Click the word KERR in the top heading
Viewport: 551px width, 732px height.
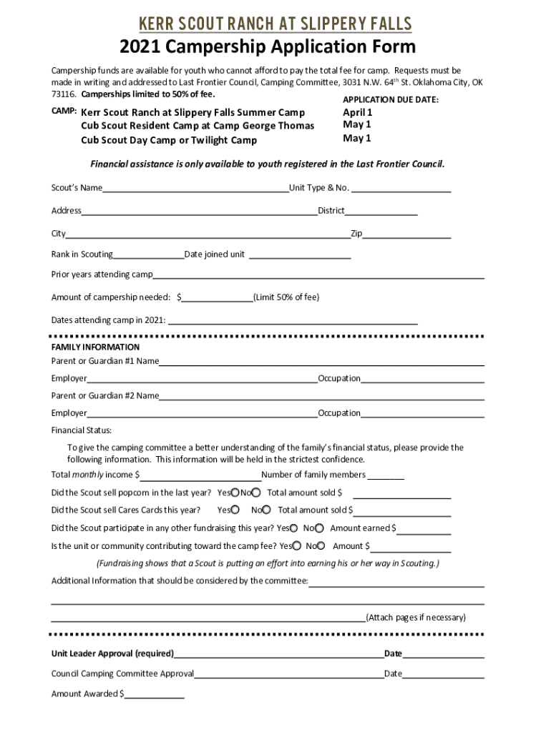tap(158, 24)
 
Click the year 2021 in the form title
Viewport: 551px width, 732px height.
tap(141, 48)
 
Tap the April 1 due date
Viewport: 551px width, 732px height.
tap(357, 112)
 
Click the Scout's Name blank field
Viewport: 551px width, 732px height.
tap(195, 189)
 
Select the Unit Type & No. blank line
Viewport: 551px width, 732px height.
tap(401, 189)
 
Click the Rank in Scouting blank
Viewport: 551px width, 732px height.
tap(148, 256)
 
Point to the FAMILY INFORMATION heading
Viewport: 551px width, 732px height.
tap(95, 347)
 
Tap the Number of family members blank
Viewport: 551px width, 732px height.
tap(386, 477)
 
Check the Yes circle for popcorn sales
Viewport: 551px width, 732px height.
tap(235, 493)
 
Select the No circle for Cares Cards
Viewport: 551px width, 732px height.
tap(266, 510)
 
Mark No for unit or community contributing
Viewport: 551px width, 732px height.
tap(322, 546)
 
